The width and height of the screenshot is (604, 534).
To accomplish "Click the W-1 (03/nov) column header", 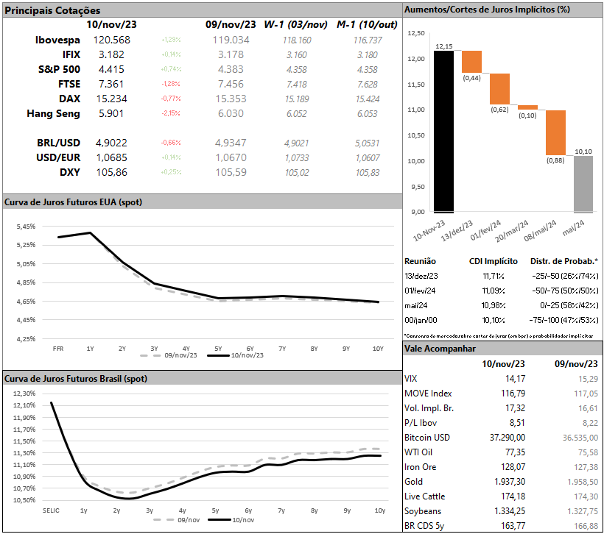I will tap(295, 24).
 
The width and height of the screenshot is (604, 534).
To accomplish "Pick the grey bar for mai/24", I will tap(583, 184).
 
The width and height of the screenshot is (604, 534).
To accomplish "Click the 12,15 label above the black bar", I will tap(443, 46).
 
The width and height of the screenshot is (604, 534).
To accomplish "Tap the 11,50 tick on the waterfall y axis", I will tap(417, 85).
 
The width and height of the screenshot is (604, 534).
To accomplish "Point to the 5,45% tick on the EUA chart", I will tap(24, 226).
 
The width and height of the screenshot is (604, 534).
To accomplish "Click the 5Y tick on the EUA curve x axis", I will tap(217, 348).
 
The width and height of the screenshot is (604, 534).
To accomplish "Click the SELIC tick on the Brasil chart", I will tap(50, 510).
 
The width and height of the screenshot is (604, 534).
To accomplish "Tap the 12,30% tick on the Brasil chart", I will tap(24, 394).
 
